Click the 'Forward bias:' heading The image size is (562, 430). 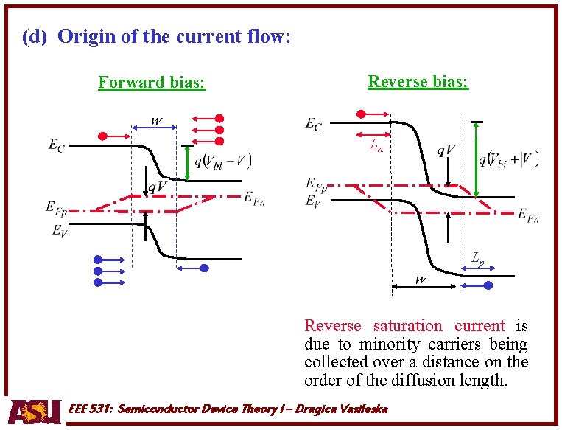152,82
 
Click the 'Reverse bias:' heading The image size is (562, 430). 418,81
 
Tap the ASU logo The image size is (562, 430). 35,411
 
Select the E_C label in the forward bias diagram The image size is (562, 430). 56,147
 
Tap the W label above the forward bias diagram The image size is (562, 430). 156,120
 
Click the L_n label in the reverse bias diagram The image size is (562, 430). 376,145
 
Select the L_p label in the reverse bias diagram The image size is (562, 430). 478,258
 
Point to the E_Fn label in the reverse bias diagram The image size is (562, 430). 527,215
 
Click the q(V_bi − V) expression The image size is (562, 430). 222,162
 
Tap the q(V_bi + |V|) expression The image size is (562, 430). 508,159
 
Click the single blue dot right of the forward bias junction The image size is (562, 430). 204,268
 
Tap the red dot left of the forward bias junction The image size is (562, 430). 104,136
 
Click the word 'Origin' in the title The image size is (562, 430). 88,36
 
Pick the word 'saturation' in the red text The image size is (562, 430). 407,325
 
